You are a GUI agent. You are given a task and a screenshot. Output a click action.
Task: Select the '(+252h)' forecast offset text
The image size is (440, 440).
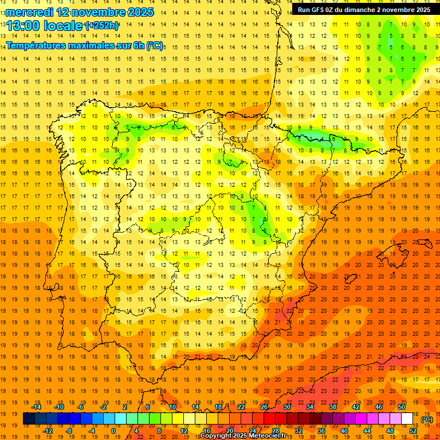pyautogui.click(x=101, y=25)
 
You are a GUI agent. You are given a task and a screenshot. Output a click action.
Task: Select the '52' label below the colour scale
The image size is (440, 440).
pyautogui.click(x=413, y=431)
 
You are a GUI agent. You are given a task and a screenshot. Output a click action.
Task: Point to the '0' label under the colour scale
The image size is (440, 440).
pyautogui.click(x=113, y=431)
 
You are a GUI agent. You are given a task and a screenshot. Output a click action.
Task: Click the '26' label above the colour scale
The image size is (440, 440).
pyautogui.click(x=264, y=406)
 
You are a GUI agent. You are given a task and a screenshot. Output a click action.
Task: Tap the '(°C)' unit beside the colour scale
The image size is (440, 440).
pyautogui.click(x=427, y=419)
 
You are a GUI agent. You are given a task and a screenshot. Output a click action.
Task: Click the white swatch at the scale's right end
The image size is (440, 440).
pyautogui.click(x=407, y=419)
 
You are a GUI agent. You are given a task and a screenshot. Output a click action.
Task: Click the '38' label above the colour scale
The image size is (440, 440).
pyautogui.click(x=333, y=406)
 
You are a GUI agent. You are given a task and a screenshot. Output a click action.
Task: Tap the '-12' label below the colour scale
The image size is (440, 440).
pyautogui.click(x=48, y=431)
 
